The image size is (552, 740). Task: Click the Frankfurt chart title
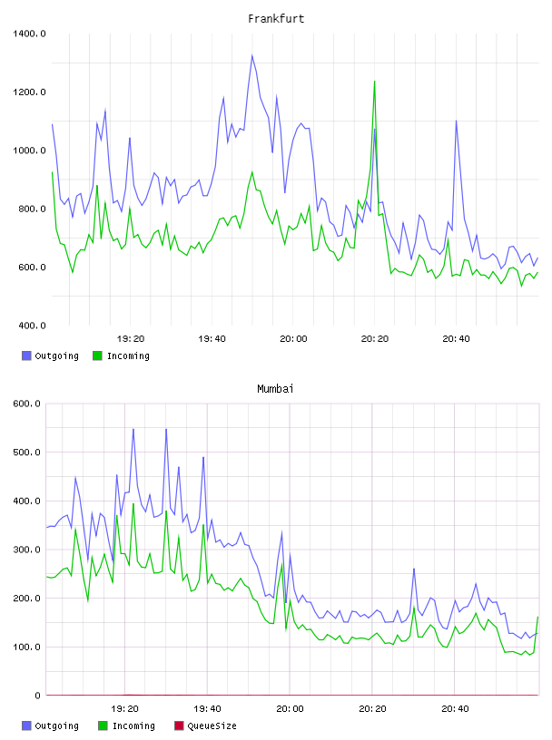point(276,18)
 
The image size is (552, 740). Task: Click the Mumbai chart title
point(275,388)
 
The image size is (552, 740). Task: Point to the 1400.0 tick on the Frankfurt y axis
point(29,34)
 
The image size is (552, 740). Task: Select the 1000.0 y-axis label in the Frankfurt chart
point(29,151)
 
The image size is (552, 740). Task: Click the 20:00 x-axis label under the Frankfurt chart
point(293,339)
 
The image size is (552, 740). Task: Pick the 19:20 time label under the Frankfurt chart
point(131,339)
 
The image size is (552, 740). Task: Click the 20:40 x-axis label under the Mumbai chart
point(455,709)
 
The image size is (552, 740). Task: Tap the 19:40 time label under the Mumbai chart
point(207,709)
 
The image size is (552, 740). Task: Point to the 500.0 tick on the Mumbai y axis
point(26,453)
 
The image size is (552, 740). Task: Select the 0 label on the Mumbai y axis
point(37,696)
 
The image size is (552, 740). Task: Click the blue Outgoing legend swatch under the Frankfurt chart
point(26,355)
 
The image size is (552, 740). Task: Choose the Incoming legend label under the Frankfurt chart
point(128,355)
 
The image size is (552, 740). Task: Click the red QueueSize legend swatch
point(179,725)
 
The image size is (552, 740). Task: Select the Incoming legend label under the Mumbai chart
point(133,725)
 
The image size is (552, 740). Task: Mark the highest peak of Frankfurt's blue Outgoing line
point(251,55)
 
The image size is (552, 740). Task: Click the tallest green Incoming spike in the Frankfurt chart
point(375,82)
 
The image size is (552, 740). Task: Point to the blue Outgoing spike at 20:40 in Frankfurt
point(456,121)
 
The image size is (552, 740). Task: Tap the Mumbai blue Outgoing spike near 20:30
point(414,569)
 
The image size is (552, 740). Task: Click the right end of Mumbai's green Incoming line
point(537,618)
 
